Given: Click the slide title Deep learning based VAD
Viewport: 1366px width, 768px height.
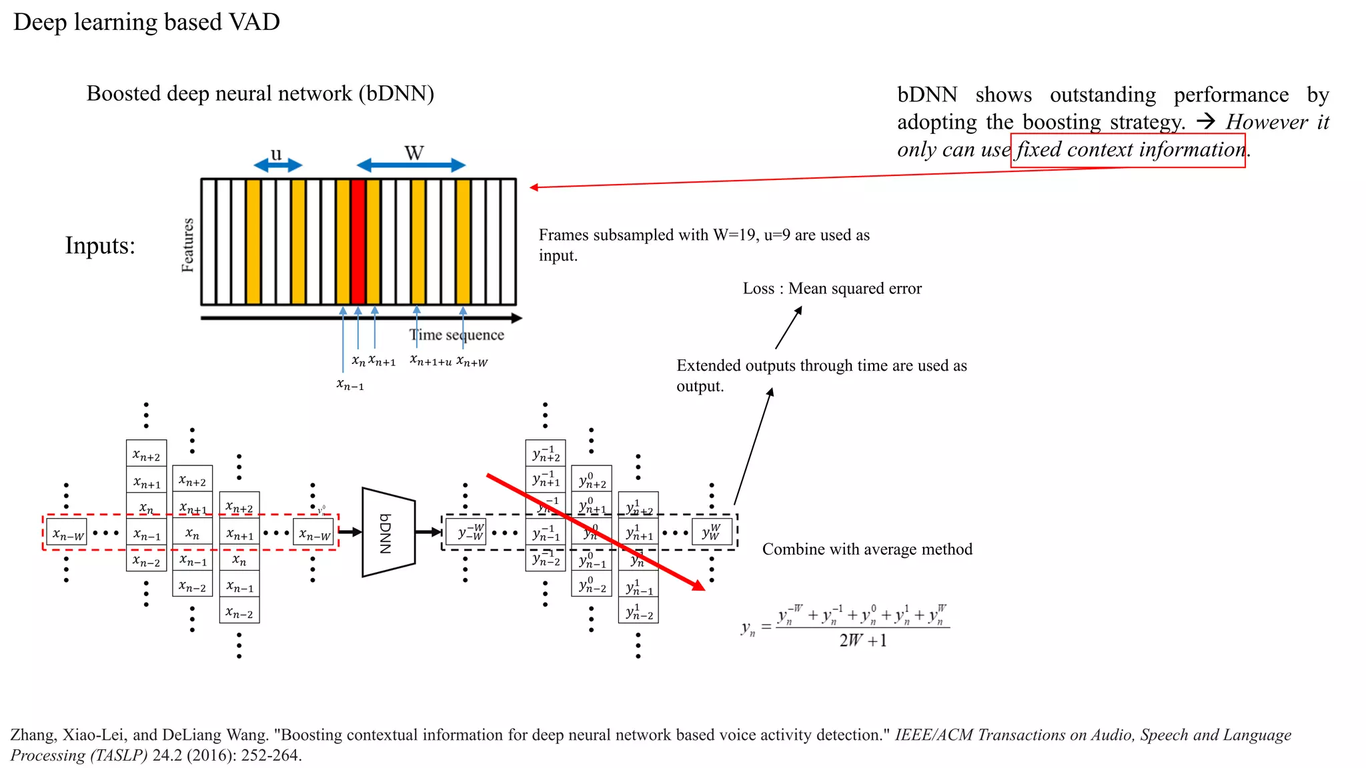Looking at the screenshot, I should [146, 22].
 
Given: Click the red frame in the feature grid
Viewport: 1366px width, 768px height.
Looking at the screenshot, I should [358, 241].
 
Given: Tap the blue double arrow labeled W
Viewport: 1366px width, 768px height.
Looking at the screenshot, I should [411, 165].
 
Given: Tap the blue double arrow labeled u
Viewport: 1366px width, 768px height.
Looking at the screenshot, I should [277, 165].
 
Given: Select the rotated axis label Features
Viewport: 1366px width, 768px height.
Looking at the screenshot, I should [187, 245].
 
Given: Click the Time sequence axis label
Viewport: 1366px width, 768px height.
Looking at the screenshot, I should [457, 335].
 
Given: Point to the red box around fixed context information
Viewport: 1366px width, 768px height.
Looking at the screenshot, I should [1127, 151].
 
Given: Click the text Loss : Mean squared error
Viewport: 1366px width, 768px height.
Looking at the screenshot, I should [832, 289].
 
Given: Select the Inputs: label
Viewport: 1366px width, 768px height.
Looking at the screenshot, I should [100, 246].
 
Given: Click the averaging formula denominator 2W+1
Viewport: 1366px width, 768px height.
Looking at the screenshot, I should [862, 641].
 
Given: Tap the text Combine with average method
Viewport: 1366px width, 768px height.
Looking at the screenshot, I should [867, 549].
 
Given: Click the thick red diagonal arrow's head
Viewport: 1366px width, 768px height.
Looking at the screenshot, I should [698, 585].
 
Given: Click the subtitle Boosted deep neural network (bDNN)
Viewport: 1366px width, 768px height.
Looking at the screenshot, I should [260, 93].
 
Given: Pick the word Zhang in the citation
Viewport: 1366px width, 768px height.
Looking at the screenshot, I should [32, 735].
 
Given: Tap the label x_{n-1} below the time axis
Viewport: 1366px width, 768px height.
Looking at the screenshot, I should [350, 385].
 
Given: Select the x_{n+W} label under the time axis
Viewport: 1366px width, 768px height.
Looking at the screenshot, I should [472, 362].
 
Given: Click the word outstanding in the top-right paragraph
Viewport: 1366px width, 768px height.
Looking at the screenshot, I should [1103, 95].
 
